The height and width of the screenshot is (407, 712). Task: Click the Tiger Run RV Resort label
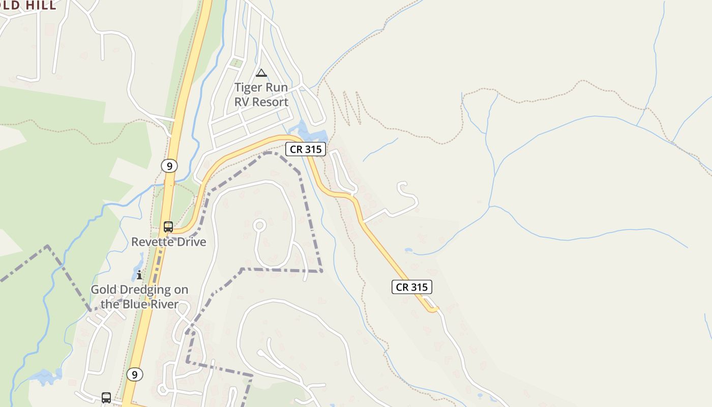click(x=261, y=95)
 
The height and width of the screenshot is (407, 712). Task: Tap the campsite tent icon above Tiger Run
click(x=261, y=73)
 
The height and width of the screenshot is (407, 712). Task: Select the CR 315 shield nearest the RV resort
click(x=305, y=150)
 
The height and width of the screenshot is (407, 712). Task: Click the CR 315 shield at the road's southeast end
click(x=412, y=287)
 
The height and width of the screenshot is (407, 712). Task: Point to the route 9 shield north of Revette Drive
click(x=169, y=166)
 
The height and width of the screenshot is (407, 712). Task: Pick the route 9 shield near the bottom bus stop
click(x=134, y=375)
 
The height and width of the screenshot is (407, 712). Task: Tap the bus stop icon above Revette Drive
click(x=168, y=227)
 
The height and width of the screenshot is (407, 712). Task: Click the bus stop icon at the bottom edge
click(x=106, y=397)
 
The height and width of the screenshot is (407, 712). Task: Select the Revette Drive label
click(x=169, y=242)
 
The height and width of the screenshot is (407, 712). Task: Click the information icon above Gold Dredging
click(x=139, y=275)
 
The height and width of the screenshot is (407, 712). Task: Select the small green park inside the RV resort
click(x=235, y=63)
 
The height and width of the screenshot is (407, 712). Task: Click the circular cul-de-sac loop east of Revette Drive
click(x=259, y=225)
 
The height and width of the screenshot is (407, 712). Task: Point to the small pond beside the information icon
click(x=138, y=265)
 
